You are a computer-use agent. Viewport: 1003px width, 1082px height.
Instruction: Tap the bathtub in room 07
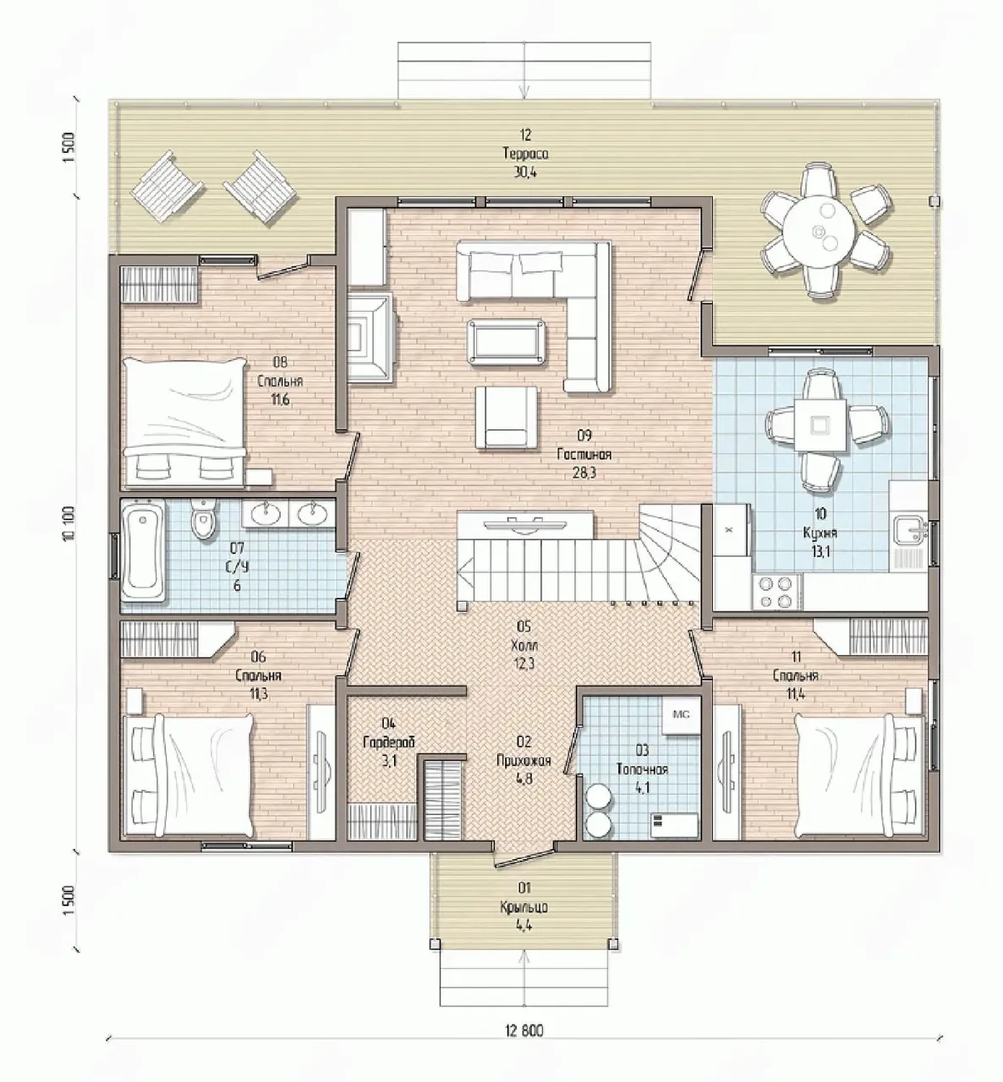[x=142, y=551]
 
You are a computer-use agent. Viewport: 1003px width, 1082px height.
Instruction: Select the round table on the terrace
[x=819, y=231]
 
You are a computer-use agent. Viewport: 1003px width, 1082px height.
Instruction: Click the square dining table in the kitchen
[x=820, y=425]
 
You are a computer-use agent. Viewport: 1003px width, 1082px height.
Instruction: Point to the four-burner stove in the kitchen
[x=777, y=592]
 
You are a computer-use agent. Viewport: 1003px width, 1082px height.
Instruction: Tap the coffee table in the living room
[x=506, y=342]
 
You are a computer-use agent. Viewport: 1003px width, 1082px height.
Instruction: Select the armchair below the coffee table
[x=506, y=418]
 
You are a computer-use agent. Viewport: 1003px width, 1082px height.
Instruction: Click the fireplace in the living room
[x=369, y=337]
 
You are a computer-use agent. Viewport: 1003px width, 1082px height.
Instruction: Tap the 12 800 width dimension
[x=525, y=1031]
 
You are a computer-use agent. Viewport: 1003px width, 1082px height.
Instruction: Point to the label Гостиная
[x=584, y=455]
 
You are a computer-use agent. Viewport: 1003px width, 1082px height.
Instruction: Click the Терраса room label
[x=525, y=154]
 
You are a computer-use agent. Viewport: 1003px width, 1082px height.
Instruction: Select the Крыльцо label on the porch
[x=523, y=907]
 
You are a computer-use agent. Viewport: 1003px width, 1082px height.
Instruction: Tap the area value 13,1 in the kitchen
[x=819, y=552]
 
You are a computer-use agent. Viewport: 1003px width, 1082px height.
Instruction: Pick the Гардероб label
[x=389, y=742]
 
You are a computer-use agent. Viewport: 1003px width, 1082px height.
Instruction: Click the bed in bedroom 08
[x=184, y=422]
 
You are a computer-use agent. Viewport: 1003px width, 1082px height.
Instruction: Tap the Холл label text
[x=524, y=646]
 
